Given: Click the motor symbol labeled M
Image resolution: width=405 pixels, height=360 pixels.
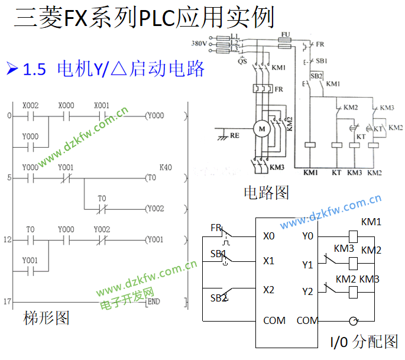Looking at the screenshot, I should click(260, 127).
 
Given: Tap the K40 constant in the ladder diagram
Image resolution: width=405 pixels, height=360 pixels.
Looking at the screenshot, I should click(166, 168).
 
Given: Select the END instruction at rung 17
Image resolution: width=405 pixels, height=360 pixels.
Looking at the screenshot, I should click(153, 301).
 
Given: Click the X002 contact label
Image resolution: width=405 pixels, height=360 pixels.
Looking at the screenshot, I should click(30, 105).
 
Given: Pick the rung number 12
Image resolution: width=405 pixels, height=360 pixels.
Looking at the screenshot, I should click(7, 240).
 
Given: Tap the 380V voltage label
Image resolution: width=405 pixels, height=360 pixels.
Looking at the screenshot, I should click(199, 43).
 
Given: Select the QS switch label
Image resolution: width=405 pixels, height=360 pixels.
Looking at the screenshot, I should click(242, 60).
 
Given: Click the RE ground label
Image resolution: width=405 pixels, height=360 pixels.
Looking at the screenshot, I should click(235, 135).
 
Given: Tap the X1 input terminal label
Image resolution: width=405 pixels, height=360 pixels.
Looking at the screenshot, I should click(269, 261).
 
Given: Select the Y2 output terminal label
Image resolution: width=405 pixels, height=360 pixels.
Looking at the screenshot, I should click(307, 291).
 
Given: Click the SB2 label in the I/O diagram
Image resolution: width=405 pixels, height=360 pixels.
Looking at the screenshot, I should click(219, 297).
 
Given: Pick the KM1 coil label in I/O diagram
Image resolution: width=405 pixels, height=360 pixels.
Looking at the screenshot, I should click(371, 222).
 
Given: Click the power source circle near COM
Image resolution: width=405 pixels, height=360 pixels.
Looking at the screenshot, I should click(353, 320).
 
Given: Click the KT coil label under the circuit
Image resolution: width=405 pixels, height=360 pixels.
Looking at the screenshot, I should click(336, 173).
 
